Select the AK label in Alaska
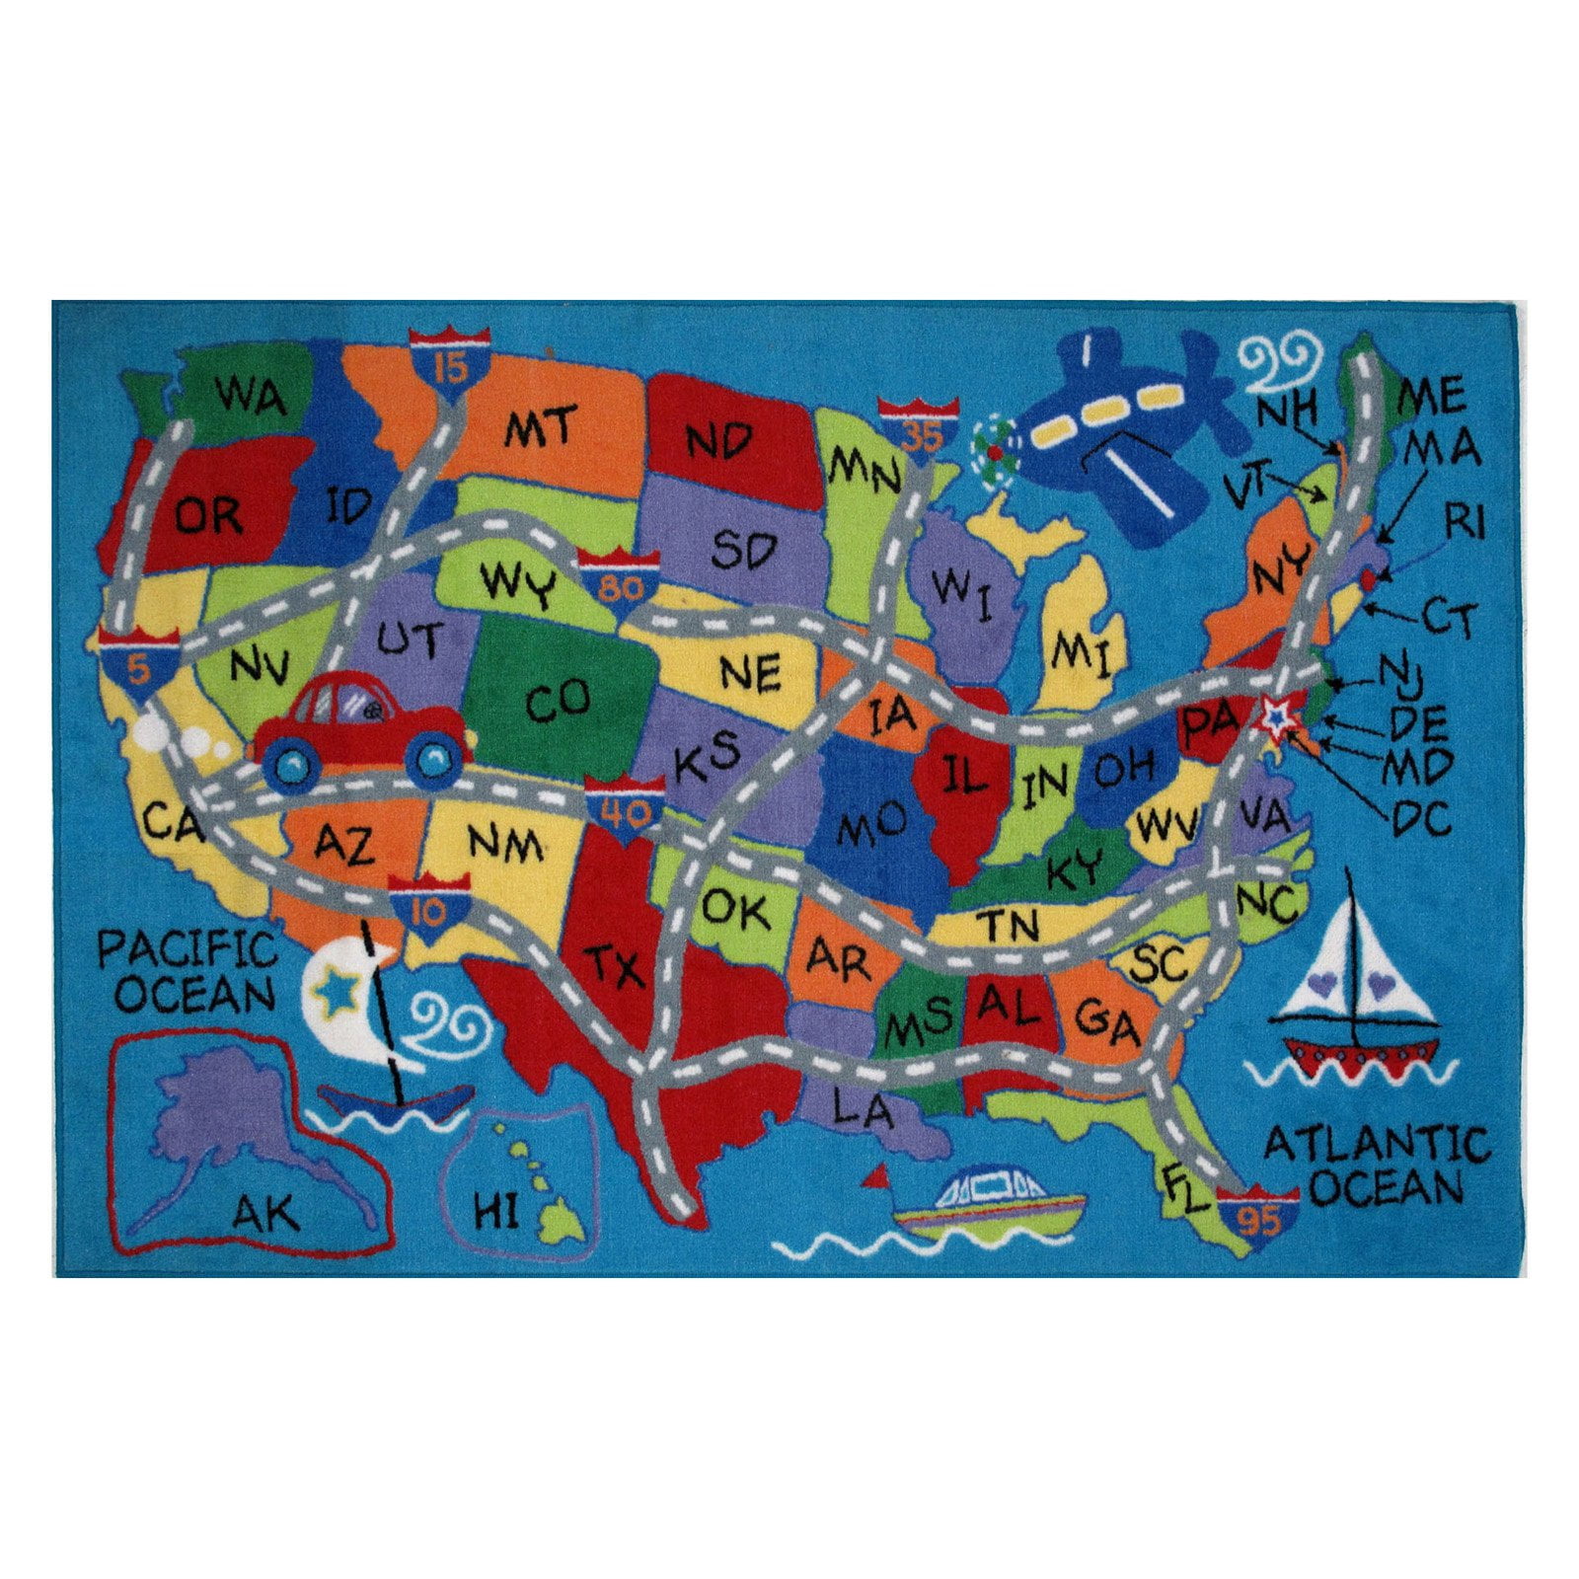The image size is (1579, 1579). coord(266,1212)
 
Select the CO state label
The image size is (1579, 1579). coord(558,702)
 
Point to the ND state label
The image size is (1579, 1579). coord(720,440)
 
